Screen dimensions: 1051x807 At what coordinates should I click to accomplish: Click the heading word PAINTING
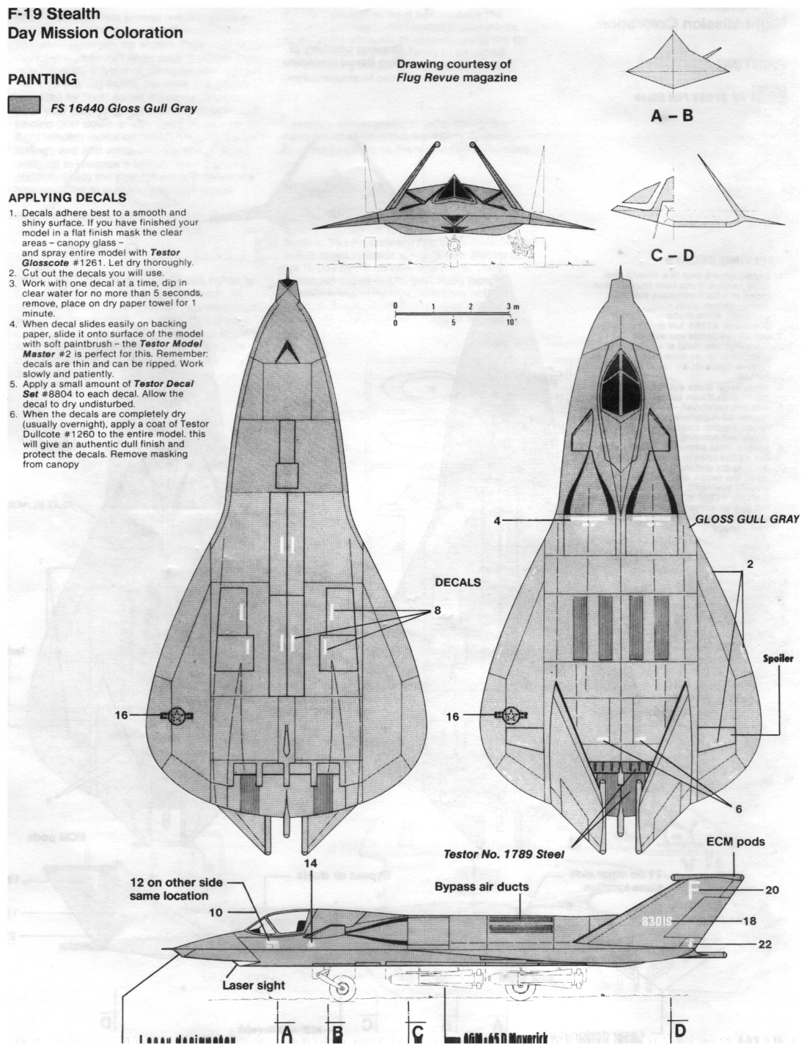tap(41, 79)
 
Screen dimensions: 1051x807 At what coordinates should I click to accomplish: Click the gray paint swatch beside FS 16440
tap(23, 106)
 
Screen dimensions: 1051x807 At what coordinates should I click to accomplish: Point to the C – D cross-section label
tap(671, 256)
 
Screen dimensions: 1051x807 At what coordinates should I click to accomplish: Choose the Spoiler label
tap(776, 658)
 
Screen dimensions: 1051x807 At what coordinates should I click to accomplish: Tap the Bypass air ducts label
tap(482, 887)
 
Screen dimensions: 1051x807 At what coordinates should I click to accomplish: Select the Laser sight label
tap(254, 986)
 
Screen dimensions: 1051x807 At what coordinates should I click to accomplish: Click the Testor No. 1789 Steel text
tap(504, 855)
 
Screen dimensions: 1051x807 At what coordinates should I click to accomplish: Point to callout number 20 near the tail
tap(771, 890)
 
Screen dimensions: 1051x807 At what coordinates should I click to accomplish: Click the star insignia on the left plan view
tap(177, 717)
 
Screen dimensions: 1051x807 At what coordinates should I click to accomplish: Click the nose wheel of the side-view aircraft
tap(342, 991)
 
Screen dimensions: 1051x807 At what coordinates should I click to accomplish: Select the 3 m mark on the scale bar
tap(510, 306)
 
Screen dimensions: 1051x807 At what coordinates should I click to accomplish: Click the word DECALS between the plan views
tap(457, 583)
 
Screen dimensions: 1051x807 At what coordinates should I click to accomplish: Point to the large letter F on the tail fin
tap(694, 890)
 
